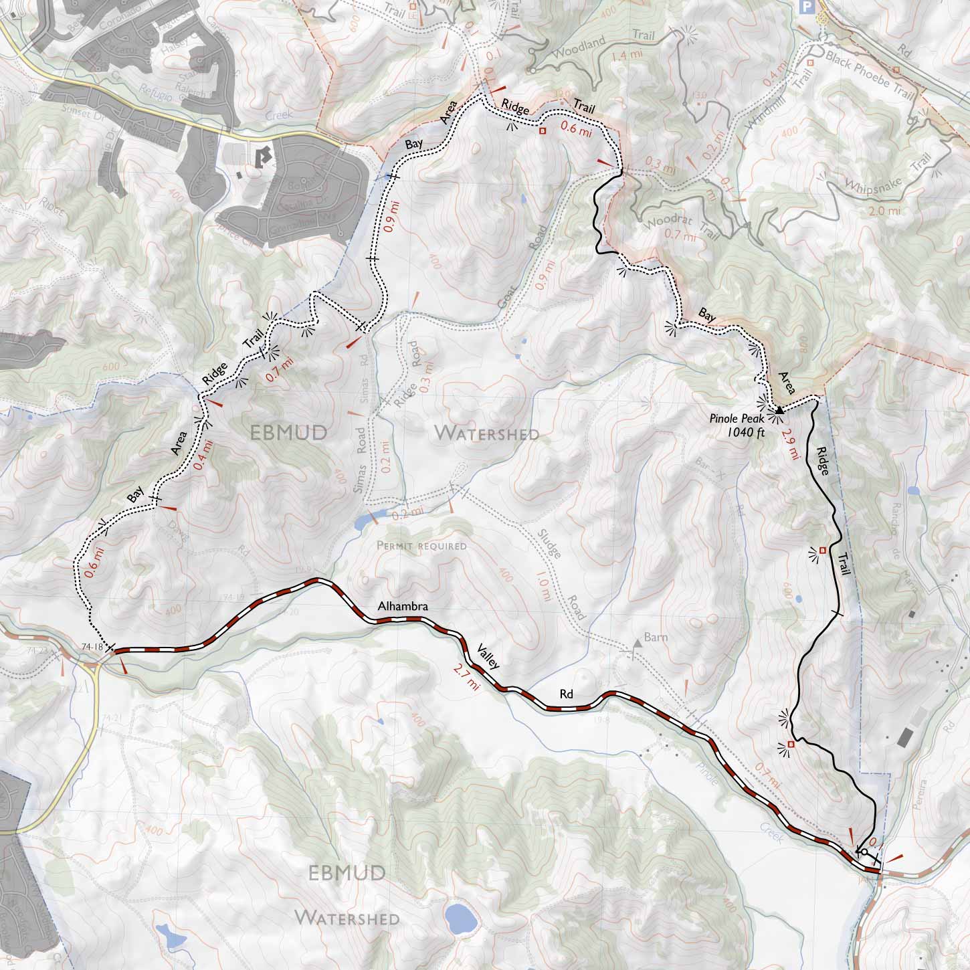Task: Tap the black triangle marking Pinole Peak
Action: pos(779,409)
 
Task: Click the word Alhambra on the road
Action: pos(401,607)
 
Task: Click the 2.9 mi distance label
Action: pos(793,444)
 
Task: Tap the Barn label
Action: pos(657,638)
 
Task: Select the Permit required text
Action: pos(421,546)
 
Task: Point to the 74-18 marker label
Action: pos(91,647)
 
